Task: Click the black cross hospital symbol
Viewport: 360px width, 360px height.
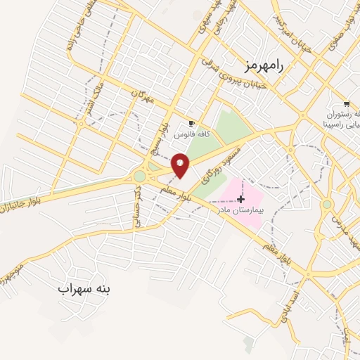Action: [x=240, y=200]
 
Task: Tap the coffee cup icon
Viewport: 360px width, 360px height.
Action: [x=191, y=124]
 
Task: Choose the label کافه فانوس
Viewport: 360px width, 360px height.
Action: [x=182, y=134]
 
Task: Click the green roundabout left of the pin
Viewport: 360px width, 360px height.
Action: [x=140, y=176]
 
